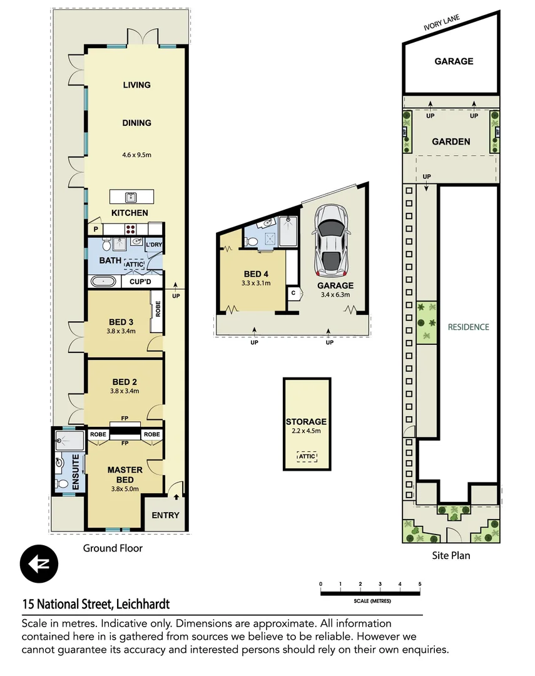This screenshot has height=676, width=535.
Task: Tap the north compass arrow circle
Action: pos(39,563)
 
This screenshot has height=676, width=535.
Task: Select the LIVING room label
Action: pos(136,84)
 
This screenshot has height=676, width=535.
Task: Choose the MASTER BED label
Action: pos(125,474)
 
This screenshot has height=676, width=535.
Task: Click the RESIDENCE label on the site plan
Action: pos(468,327)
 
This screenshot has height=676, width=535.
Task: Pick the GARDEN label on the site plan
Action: pos(451,141)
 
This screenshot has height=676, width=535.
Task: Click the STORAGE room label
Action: pos(306,422)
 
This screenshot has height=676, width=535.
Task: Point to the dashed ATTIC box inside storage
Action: pos(307,456)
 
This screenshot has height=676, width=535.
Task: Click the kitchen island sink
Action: pos(131,197)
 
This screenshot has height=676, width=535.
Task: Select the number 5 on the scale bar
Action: pos(420,584)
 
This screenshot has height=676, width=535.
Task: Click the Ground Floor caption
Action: pos(113,548)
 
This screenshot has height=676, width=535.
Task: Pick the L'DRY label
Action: pos(154,244)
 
